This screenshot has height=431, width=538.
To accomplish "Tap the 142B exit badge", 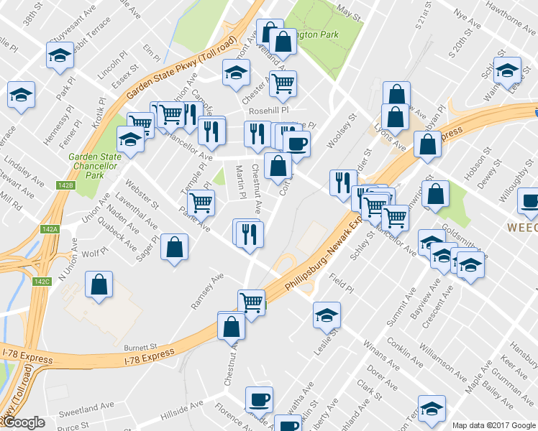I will (x=65, y=186).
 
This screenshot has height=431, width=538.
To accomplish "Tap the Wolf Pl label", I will (x=94, y=254).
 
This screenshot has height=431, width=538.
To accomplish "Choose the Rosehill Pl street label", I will (x=268, y=111).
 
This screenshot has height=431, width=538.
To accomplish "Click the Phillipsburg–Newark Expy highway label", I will (x=322, y=256).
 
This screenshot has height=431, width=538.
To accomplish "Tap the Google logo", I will (x=24, y=422).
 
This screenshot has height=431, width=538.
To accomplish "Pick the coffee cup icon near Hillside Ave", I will (x=259, y=399).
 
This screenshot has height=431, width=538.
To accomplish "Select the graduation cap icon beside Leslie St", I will (x=327, y=315).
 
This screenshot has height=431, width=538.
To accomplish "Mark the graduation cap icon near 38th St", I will (x=60, y=55).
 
